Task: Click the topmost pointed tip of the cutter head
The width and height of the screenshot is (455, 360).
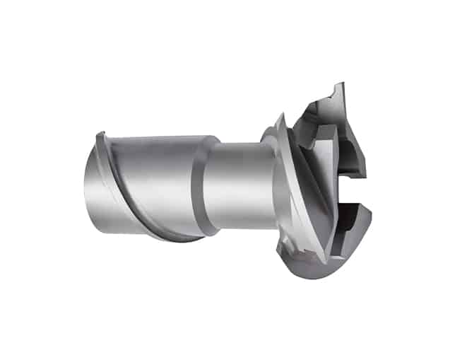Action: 342,84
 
